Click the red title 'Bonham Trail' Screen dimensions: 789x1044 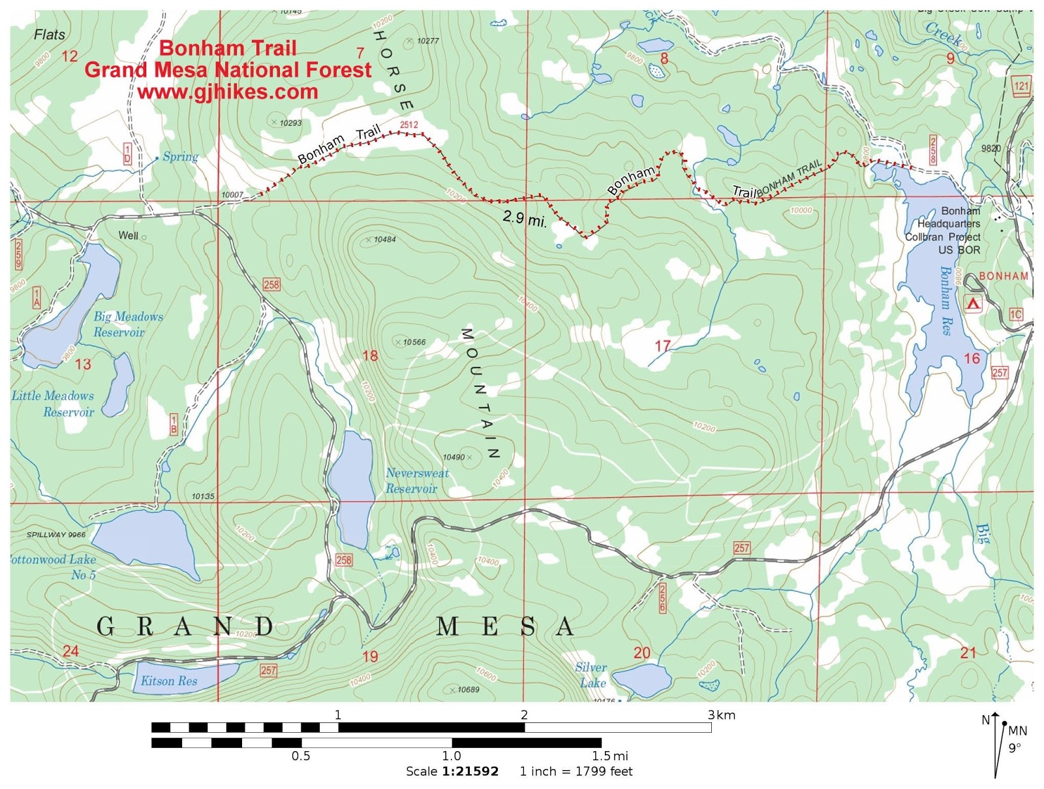(x=228, y=48)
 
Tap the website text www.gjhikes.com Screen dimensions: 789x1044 (x=228, y=92)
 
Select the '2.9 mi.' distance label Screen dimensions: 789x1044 (x=524, y=218)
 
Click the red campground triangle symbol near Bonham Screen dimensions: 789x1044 (x=973, y=303)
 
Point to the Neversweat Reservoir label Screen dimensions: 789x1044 (x=416, y=481)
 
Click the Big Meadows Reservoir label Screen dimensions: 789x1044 (x=127, y=324)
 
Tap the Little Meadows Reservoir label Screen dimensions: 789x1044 (x=54, y=404)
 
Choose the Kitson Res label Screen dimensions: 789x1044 (x=168, y=681)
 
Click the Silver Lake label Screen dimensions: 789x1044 (x=591, y=675)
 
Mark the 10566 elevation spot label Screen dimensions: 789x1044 (x=414, y=342)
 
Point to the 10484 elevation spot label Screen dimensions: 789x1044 (x=384, y=240)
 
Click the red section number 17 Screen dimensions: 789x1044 (x=662, y=346)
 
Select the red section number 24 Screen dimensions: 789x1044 (x=70, y=651)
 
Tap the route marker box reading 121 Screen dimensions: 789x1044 (x=1021, y=86)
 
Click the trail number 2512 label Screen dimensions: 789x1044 (x=409, y=125)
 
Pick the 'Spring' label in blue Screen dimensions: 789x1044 (x=180, y=157)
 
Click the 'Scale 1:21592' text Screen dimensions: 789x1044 (x=452, y=771)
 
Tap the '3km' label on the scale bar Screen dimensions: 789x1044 (x=722, y=715)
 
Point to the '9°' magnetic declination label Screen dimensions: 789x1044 (x=1015, y=748)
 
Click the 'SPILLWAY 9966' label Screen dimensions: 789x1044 (x=56, y=534)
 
